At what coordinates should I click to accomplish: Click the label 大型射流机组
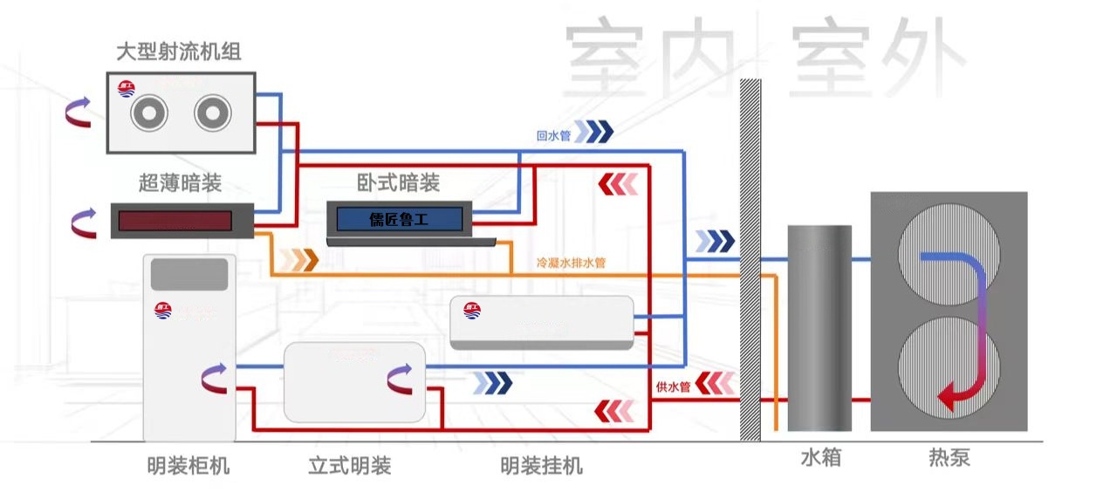coord(179,52)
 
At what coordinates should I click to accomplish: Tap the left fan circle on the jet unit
coord(148,113)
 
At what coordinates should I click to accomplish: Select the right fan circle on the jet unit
coord(212,113)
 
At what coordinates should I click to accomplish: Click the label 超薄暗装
coord(180,183)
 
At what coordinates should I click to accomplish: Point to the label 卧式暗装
coord(399,183)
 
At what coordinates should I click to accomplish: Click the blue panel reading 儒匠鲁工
coord(399,219)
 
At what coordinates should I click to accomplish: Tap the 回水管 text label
coord(553,136)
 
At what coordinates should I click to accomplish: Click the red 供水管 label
coord(673,386)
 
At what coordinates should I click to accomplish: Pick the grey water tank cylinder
coord(819,328)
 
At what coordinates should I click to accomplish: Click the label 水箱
coord(820,457)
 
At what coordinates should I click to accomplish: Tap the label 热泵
coord(949,457)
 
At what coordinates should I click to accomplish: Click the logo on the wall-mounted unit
coord(472,309)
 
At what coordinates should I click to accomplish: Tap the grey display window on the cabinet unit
coord(189,274)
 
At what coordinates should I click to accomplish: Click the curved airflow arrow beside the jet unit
coord(79,113)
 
